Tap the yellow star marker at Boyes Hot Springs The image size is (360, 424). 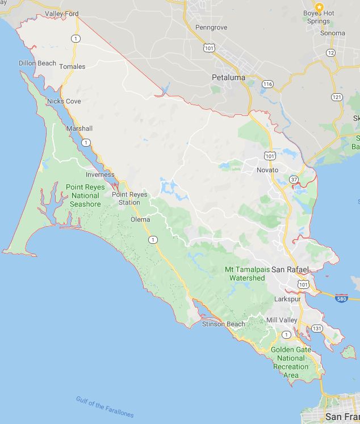click(319, 7)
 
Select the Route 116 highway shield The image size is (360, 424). click(267, 84)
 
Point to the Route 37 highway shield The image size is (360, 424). click(294, 180)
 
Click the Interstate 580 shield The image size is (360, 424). click(341, 298)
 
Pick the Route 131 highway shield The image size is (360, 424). click(316, 329)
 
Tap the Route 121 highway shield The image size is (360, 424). click(337, 97)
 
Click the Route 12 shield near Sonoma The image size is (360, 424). click(330, 53)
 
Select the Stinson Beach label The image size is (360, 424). click(224, 324)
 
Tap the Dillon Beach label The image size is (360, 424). click(37, 63)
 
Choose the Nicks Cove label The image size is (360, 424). click(64, 101)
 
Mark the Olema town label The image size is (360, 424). click(140, 219)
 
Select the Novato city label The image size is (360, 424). click(267, 170)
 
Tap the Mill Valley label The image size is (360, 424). click(282, 320)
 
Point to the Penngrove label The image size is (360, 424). click(211, 27)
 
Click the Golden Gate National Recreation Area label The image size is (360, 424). click(291, 362)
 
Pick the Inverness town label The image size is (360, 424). click(100, 174)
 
